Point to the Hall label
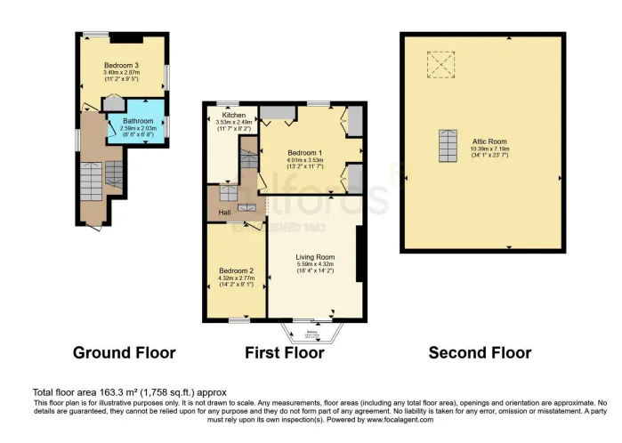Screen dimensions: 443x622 [x=214, y=212]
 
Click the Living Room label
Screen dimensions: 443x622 [x=315, y=256]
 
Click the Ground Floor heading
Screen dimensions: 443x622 [x=124, y=353]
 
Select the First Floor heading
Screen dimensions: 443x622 [x=284, y=353]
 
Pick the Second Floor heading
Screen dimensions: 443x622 [x=480, y=353]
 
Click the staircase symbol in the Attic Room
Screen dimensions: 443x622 [x=447, y=146]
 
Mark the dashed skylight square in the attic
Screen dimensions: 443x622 [x=440, y=64]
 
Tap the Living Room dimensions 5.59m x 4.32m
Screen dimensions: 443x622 [x=315, y=264]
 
